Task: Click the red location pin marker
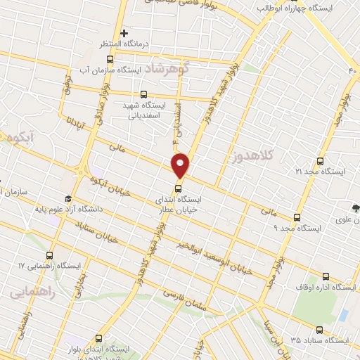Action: (181, 164)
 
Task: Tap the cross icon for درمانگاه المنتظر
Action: (124, 33)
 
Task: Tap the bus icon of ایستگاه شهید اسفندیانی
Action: (144, 94)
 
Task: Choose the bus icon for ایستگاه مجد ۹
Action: (297, 217)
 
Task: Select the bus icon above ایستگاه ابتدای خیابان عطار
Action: (177, 188)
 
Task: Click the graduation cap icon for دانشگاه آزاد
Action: (67, 199)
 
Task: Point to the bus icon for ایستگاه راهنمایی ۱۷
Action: (49, 256)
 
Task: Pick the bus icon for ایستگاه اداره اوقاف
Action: (325, 276)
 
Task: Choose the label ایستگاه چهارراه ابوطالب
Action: (295, 7)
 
